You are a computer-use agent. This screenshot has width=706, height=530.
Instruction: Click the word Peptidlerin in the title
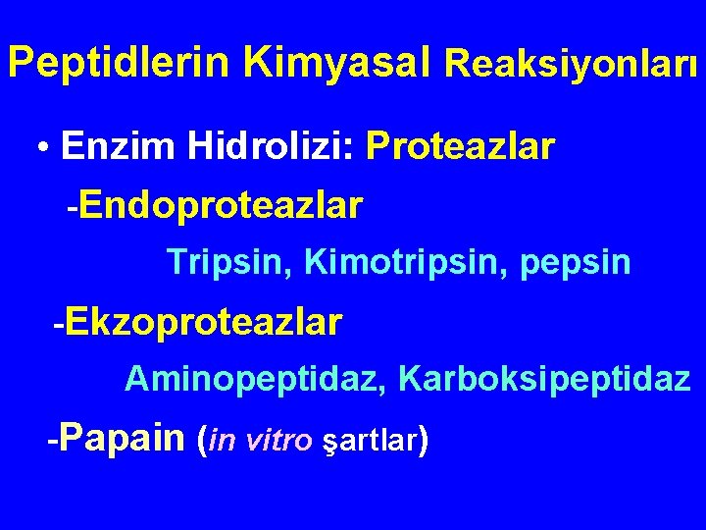click(120, 62)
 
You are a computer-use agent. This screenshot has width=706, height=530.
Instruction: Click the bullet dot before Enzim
click(43, 148)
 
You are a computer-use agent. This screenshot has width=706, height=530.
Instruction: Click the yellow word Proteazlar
click(460, 147)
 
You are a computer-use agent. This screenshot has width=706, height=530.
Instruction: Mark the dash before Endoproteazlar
click(71, 208)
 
